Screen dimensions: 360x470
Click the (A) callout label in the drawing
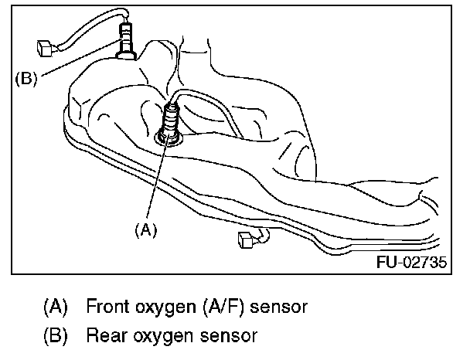coord(146,229)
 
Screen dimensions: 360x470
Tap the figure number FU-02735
coord(412,262)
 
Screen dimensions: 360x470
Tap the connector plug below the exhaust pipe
coord(248,242)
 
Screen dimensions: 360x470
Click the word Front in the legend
coord(107,307)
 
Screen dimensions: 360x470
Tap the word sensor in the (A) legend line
coord(274,307)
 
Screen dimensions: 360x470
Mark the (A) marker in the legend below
coord(55,307)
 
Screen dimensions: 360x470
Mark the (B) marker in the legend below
coord(55,336)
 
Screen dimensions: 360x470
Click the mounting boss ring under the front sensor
coord(167,138)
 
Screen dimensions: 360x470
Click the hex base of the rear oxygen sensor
coord(125,53)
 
